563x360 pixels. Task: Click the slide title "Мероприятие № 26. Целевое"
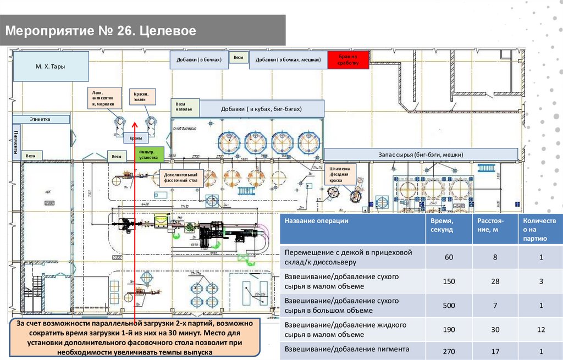[x=101, y=30]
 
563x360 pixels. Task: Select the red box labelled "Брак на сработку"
[x=349, y=60]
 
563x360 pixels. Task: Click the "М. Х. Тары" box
[x=51, y=67]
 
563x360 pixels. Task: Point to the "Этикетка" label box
[x=41, y=119]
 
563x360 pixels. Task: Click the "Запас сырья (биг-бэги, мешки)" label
[x=421, y=154]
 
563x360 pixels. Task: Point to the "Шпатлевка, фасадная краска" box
[x=340, y=173]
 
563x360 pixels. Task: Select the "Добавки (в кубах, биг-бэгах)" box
[x=261, y=109]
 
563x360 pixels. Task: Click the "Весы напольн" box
[x=185, y=107]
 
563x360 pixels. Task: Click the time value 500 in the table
[x=449, y=306]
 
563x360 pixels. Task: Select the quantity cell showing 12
[x=541, y=329]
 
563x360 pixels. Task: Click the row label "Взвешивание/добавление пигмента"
[x=346, y=349]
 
